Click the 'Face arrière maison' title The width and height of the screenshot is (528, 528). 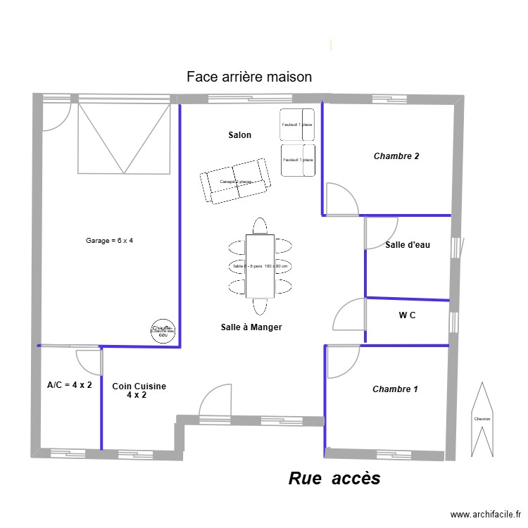[249, 77]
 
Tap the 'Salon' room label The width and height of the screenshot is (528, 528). [239, 134]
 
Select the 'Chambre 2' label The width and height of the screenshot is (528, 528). [396, 156]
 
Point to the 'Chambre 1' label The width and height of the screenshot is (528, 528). [395, 389]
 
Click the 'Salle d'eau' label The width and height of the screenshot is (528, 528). [408, 245]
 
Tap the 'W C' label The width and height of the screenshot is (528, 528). [407, 315]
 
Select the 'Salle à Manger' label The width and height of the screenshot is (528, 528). [251, 327]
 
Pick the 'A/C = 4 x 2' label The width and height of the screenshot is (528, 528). [69, 385]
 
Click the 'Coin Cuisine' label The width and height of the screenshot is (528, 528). [139, 386]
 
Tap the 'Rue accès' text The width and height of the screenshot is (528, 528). [334, 479]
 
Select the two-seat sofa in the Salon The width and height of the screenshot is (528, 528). [235, 182]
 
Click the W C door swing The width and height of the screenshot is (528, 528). [350, 315]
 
